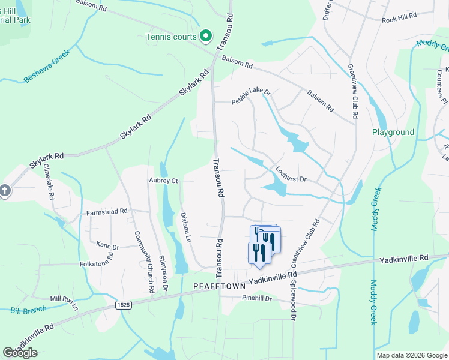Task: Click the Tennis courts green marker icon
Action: [x=205, y=35]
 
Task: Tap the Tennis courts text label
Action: [x=172, y=37]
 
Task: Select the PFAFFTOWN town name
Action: [x=217, y=287]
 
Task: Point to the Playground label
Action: [x=393, y=132]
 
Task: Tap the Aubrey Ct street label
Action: [x=164, y=180]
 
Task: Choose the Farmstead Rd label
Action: [x=107, y=211]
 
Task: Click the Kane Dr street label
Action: [x=108, y=245]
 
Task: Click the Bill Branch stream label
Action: [x=28, y=310]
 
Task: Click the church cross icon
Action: [x=4, y=191]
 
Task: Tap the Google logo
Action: [x=20, y=353]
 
